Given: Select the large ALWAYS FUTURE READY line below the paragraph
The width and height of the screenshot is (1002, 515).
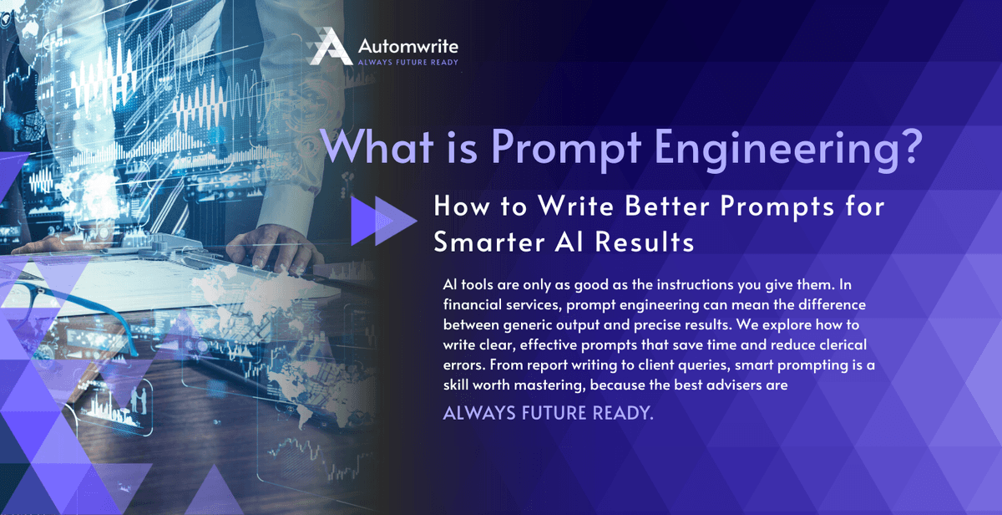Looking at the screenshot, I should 548,414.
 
